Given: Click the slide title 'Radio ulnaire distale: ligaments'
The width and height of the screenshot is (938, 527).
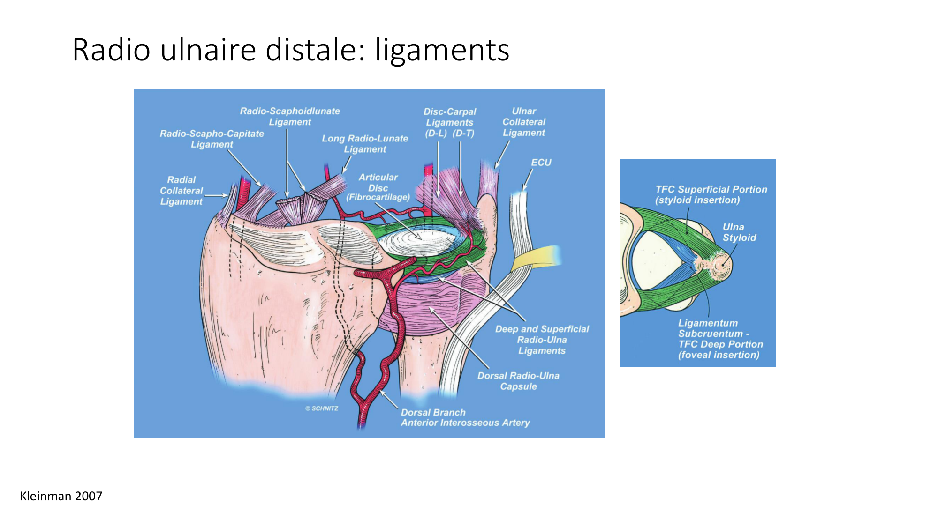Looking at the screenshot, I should click(291, 50).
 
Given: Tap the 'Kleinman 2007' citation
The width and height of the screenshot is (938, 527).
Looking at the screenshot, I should click(61, 496).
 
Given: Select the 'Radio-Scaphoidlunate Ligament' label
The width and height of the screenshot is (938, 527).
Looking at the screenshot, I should click(290, 117).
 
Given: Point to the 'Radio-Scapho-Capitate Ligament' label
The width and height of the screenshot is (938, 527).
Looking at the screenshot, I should click(212, 139).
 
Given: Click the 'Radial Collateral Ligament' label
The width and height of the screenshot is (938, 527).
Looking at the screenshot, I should click(182, 191).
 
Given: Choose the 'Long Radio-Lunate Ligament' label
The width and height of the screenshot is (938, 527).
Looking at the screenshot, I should click(365, 144).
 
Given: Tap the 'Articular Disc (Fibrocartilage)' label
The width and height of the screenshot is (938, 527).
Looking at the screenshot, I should click(378, 187).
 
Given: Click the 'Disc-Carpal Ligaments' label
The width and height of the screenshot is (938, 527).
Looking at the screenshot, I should click(450, 117).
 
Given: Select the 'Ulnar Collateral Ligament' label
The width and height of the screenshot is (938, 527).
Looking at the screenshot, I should click(524, 122).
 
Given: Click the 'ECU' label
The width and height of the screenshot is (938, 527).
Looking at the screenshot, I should click(541, 163).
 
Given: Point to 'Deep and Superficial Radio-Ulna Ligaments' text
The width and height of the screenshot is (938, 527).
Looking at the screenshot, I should click(542, 340).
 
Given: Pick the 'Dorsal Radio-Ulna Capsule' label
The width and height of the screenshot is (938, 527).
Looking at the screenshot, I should click(518, 381).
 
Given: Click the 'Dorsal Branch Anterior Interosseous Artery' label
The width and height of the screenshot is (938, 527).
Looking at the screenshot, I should click(465, 417).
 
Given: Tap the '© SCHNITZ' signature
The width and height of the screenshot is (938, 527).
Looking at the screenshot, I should click(322, 408).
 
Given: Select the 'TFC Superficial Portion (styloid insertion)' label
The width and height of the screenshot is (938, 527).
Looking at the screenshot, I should click(711, 195).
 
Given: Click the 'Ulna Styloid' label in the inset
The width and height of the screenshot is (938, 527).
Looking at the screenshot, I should click(739, 232).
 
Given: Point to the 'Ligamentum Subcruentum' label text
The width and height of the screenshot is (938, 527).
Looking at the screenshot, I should click(713, 328).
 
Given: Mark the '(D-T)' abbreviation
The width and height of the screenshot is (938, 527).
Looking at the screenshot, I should click(463, 134).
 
